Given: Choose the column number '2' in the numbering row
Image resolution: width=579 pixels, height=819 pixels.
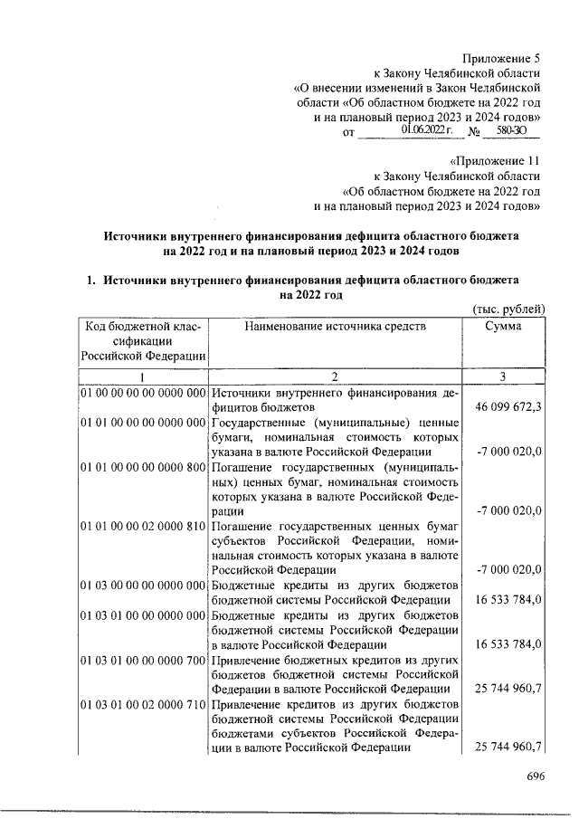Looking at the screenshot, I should click(x=335, y=376).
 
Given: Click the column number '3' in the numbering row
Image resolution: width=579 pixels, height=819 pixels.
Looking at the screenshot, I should click(x=503, y=376).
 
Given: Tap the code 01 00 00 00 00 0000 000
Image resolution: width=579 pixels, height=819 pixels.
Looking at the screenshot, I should click(x=145, y=393).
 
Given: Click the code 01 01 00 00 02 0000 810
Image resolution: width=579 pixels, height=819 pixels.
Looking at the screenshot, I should click(x=145, y=526).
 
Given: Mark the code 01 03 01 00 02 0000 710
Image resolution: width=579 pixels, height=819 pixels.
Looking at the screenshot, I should click(x=145, y=703).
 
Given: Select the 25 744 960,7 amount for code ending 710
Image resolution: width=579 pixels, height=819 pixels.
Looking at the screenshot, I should click(x=508, y=747).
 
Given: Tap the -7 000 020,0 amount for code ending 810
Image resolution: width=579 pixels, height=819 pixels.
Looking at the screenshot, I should click(x=508, y=569).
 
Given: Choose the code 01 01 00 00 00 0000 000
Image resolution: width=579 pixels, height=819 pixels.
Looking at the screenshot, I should click(x=145, y=423).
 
